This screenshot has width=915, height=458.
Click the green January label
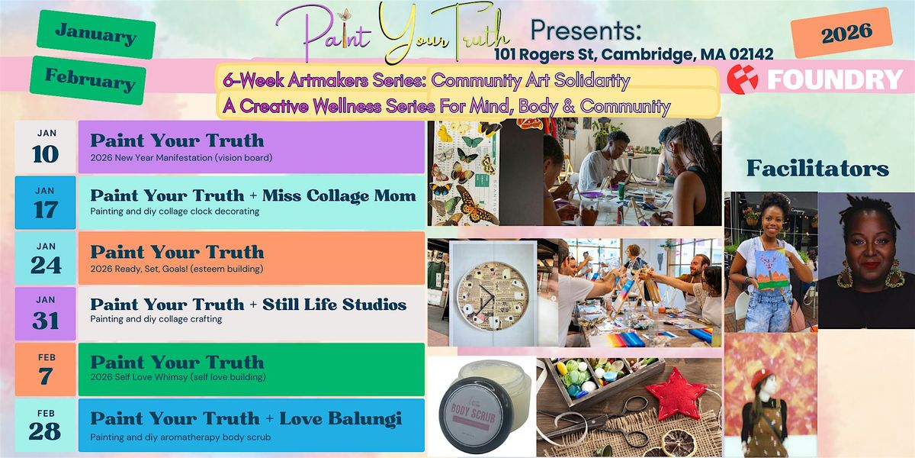point(95,34)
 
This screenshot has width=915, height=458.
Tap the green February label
point(89,79)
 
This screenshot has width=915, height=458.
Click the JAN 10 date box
point(46,147)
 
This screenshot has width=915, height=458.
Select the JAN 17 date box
point(46,202)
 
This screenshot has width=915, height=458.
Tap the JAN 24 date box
point(46,258)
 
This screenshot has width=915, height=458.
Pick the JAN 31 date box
point(46,314)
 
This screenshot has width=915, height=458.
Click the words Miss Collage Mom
point(339,195)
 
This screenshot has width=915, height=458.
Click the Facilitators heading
point(817,169)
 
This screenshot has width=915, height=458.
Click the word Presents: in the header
point(587,30)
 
